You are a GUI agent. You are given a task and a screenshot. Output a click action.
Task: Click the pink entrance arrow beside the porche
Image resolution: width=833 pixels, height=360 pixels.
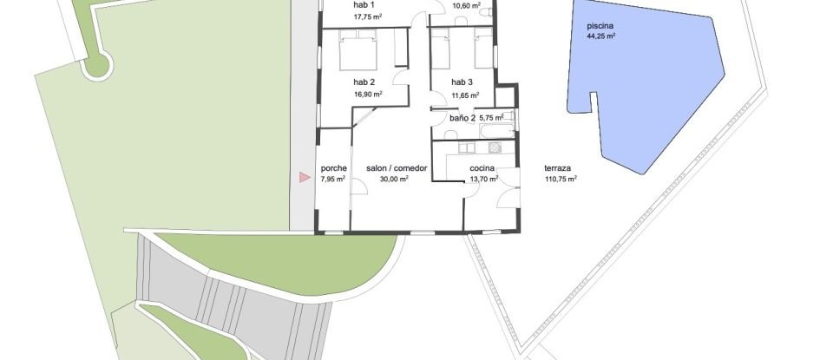304,178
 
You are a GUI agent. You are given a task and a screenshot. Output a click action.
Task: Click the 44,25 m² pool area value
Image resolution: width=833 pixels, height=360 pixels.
600,37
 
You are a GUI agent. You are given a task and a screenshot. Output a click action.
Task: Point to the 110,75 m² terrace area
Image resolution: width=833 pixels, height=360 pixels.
561,180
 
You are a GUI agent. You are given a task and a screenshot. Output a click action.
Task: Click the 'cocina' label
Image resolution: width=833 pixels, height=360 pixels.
482,169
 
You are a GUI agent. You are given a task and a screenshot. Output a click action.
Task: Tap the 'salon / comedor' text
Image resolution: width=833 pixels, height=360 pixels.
396,169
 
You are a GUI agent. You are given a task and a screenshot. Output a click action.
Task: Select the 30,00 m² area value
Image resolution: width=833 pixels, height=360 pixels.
395,180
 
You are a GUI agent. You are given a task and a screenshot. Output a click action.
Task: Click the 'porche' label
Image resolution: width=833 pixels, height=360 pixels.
333,169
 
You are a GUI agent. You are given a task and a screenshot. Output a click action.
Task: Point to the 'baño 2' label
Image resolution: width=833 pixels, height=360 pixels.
462,117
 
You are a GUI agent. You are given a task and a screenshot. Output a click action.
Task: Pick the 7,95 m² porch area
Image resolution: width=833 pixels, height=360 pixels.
333,180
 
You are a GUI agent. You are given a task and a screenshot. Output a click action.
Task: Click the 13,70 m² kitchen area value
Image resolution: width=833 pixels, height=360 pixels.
482,180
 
